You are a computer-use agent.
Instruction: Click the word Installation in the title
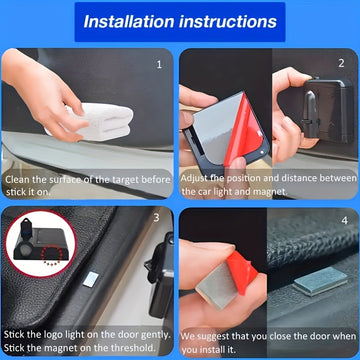click(x=129, y=22)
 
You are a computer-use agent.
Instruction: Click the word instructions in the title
click(x=228, y=22)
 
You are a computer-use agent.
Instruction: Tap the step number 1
click(x=159, y=64)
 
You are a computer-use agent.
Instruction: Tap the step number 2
click(x=341, y=63)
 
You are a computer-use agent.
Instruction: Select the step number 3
click(x=157, y=218)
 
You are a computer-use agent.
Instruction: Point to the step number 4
click(x=345, y=220)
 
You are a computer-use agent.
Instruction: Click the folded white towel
click(x=100, y=122)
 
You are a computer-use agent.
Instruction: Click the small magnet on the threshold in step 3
click(x=91, y=279)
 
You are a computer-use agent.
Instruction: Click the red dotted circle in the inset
click(x=52, y=256)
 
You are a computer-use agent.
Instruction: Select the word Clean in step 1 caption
click(x=17, y=180)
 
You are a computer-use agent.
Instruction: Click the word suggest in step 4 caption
click(x=213, y=337)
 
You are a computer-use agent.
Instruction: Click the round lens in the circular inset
click(x=26, y=249)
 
